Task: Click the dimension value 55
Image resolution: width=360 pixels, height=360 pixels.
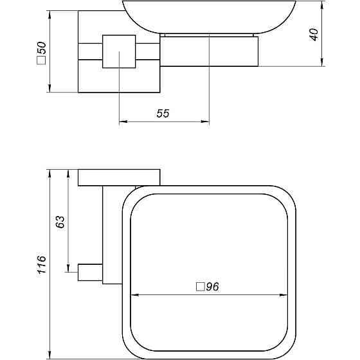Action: [x=163, y=113]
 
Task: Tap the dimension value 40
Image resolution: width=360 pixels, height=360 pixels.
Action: [x=314, y=33]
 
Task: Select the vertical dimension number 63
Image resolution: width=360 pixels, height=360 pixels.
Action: [x=60, y=222]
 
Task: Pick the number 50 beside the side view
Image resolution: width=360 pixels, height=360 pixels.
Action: [x=41, y=50]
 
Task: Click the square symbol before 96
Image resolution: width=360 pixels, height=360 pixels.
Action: [x=199, y=288]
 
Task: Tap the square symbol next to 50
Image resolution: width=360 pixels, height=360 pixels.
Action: [x=41, y=62]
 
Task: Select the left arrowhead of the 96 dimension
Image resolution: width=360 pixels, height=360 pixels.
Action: [x=134, y=296]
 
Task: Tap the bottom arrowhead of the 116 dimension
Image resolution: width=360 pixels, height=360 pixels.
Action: [x=49, y=355]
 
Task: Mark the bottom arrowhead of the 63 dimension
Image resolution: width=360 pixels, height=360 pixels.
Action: [x=68, y=269]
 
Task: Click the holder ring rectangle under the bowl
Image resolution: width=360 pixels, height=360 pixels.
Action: [x=208, y=51]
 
